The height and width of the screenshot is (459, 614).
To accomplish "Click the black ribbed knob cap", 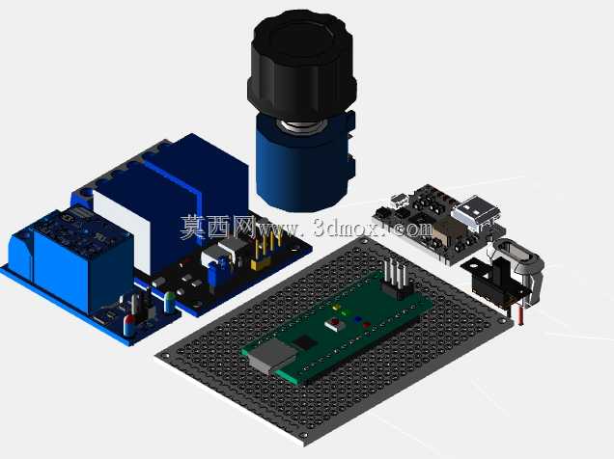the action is tap(301, 65).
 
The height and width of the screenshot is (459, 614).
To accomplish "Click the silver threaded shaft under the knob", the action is tap(301, 127).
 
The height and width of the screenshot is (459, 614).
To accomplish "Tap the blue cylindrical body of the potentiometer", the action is tap(301, 168).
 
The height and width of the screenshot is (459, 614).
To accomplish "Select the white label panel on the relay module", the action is tap(122, 230).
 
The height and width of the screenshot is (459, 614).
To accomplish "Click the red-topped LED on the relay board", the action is tap(129, 325).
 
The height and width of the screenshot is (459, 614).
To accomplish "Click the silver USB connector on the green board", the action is tap(271, 357).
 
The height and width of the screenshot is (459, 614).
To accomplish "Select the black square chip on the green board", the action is tap(305, 342).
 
